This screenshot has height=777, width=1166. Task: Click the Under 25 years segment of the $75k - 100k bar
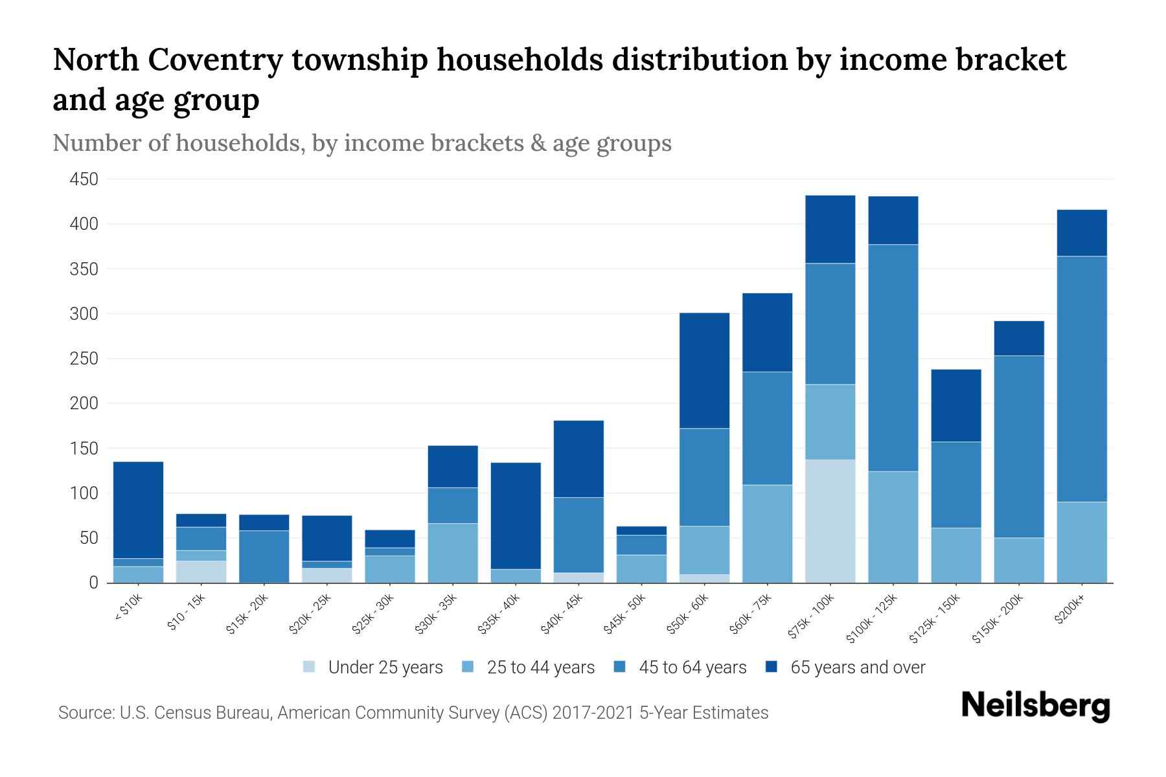click(x=830, y=521)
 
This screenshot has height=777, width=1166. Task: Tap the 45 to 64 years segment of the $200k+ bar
click(x=1081, y=379)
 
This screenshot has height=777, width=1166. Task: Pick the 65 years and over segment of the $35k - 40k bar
click(x=516, y=515)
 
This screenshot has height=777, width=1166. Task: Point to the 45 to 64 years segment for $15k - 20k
click(x=264, y=556)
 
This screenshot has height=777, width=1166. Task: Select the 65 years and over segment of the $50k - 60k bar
click(x=704, y=370)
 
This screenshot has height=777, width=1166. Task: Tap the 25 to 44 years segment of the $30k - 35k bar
click(x=453, y=553)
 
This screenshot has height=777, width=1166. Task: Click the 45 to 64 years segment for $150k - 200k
click(x=1018, y=447)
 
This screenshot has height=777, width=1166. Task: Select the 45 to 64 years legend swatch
click(x=619, y=667)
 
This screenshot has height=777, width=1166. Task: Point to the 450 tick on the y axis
click(x=84, y=179)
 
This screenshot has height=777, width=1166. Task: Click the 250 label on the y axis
click(x=84, y=359)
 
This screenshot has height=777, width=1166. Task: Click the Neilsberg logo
click(x=1035, y=706)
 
